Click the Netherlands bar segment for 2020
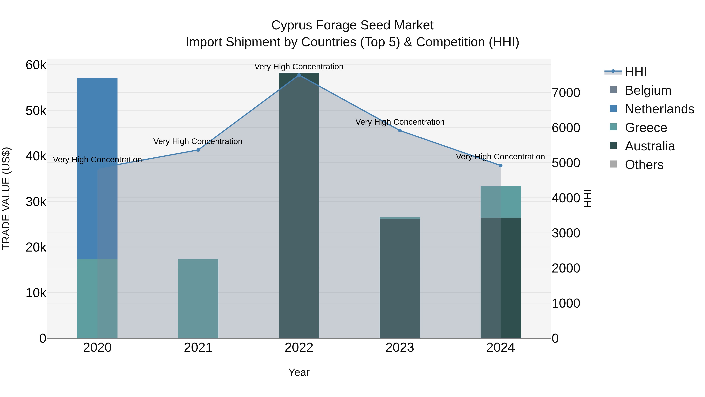pyautogui.click(x=97, y=168)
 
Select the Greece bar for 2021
pyautogui.click(x=198, y=298)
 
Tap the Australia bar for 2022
pyautogui.click(x=299, y=205)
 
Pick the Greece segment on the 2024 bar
pyautogui.click(x=501, y=202)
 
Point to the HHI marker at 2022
pyautogui.click(x=299, y=75)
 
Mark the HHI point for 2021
pyautogui.click(x=198, y=150)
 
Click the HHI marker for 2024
pyautogui.click(x=501, y=165)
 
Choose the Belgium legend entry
pyautogui.click(x=648, y=90)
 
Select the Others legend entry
pyautogui.click(x=644, y=165)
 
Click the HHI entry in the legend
pyautogui.click(x=635, y=72)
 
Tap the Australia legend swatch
pyautogui.click(x=613, y=146)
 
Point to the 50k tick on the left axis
pyautogui.click(x=36, y=111)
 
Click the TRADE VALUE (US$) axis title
pyautogui.click(x=6, y=198)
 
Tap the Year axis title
pyautogui.click(x=299, y=372)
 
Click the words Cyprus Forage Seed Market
pyautogui.click(x=352, y=25)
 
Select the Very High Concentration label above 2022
pyautogui.click(x=299, y=67)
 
